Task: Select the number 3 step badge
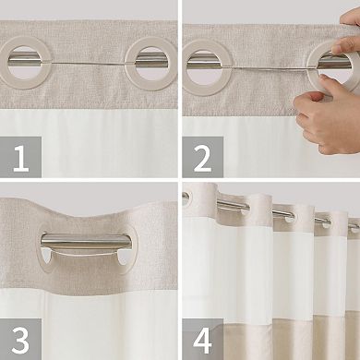(x=20, y=337)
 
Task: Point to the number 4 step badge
(x=202, y=337)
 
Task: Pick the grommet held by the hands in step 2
(x=328, y=66)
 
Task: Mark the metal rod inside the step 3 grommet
(x=85, y=244)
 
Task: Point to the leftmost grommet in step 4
(x=187, y=197)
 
